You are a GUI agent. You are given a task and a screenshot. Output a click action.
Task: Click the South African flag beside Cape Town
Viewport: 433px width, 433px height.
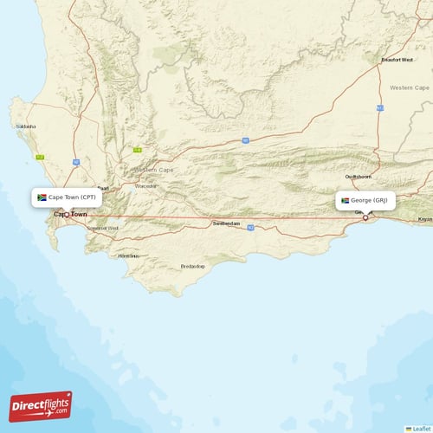pyautogui.click(x=42, y=197)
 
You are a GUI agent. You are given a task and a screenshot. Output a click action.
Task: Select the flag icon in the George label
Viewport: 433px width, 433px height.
pyautogui.click(x=345, y=200)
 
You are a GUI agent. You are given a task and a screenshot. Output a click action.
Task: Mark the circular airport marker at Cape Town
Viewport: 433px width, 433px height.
pyautogui.click(x=66, y=214)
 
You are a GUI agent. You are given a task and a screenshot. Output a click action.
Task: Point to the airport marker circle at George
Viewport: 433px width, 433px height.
pyautogui.click(x=365, y=217)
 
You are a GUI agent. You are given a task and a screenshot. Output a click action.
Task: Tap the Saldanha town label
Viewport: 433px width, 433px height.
pyautogui.click(x=26, y=126)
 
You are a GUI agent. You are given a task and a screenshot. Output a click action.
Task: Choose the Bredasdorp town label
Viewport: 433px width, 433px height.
pyautogui.click(x=192, y=266)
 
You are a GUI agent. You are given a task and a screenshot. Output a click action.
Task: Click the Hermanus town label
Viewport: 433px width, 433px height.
pyautogui.click(x=128, y=255)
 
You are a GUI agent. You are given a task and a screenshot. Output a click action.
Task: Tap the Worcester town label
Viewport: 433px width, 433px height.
pyautogui.click(x=145, y=186)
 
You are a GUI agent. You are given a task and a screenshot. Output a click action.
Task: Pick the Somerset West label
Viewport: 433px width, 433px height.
pyautogui.click(x=102, y=228)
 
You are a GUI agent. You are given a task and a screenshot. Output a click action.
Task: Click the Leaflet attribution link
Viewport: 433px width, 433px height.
pyautogui.click(x=421, y=428)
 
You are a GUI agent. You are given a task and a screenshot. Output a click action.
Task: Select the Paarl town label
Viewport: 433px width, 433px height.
pyautogui.click(x=102, y=188)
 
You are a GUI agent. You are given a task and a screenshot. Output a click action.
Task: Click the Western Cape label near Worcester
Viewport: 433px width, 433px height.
pyautogui.click(x=154, y=170)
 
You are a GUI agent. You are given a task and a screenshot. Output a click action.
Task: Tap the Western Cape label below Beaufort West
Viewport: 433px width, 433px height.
pyautogui.click(x=409, y=87)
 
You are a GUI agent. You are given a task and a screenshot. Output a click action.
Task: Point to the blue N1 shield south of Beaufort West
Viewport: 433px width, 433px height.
pyautogui.click(x=379, y=108)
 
